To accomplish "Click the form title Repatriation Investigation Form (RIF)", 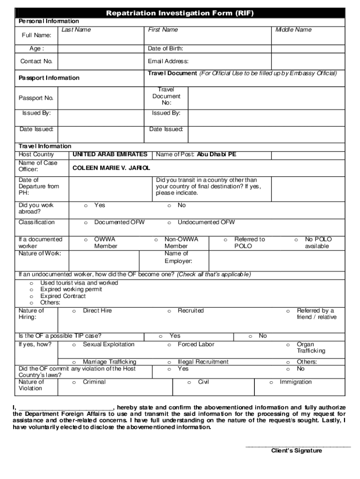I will tap(180, 13).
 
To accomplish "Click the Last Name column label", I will tap(76, 30).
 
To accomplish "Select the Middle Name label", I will tap(293, 30).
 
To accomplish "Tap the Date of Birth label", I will tap(166, 49).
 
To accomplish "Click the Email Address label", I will tap(168, 61).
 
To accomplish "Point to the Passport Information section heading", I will tap(49, 78).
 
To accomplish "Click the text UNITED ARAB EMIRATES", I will tap(110, 154).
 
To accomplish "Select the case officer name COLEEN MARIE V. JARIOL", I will tap(111, 167).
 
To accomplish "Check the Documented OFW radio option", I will tap(86, 223).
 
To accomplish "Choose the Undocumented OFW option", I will tap(169, 223).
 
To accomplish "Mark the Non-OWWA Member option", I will tap(156, 239).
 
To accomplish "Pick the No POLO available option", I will tap(296, 239).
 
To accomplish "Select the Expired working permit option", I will tap(32, 290).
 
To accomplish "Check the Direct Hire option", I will tap(74, 311).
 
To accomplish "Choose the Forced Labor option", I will tap(169, 345).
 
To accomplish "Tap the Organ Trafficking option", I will tap(288, 345).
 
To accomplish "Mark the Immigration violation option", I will tap(271, 383).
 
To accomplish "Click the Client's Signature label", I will tap(296, 451).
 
